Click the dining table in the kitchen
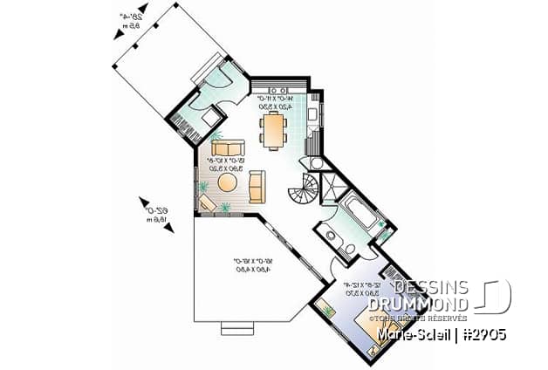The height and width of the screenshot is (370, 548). coord(274,129)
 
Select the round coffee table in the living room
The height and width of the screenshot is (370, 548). coord(227,182)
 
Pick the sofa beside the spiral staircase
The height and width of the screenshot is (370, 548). coord(257,186)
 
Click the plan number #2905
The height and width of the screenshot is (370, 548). coord(478,334)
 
